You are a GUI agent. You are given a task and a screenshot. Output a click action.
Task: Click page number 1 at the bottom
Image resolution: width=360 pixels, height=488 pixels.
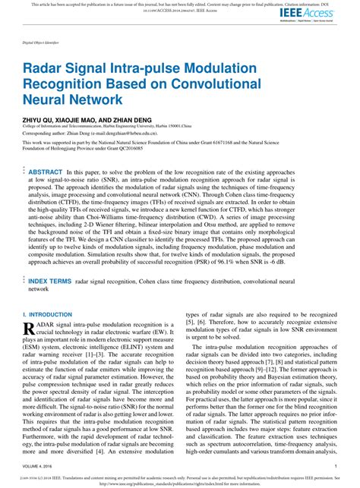pos(335,465)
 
